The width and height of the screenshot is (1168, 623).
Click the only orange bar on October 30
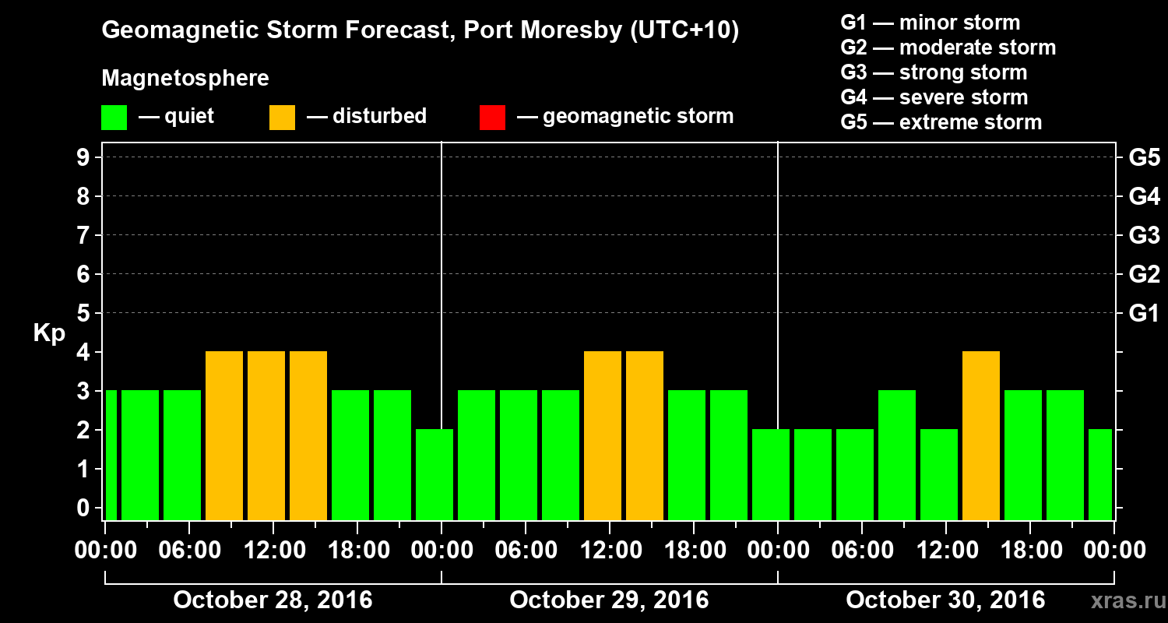pos(981,435)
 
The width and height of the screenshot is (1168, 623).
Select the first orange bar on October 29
pos(603,435)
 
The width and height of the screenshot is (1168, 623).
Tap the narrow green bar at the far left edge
pos(111,455)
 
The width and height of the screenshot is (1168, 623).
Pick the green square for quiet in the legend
pos(114,118)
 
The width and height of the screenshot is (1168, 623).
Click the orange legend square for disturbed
pos(282,118)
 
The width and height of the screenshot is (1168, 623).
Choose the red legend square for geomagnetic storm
pos(492,118)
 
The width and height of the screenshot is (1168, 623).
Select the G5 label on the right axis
pos(1144,157)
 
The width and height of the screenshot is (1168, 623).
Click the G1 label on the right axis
pos(1144,313)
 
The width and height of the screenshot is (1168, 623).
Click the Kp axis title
pos(49,333)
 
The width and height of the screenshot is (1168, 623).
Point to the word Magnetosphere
pos(185,79)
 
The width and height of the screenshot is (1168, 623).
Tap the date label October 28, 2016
pos(273,600)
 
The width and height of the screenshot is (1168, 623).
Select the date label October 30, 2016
pos(945,600)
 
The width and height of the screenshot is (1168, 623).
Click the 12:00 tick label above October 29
pos(610,551)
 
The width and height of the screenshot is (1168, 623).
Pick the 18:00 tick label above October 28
pos(357,551)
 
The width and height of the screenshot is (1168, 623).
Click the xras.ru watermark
pos(1123,601)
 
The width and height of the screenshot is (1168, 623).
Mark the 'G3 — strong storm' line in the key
pos(934,72)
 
